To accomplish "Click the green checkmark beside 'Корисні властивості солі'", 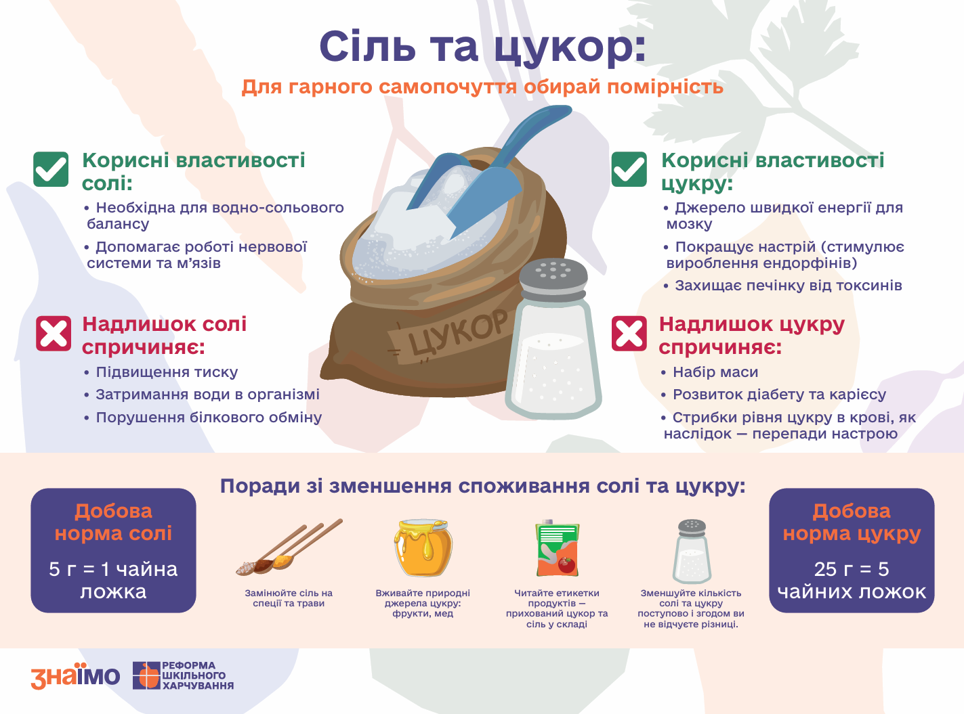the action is click(51, 169).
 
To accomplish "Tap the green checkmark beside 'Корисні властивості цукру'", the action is click(629, 169).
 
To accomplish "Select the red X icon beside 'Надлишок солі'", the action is click(54, 333).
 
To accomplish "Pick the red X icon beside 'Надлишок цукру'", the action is click(629, 333).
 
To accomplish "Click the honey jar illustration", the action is click(423, 548).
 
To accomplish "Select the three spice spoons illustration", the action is click(289, 547).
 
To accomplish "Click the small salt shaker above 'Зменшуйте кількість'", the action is click(692, 552).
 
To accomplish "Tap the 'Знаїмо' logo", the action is click(75, 676).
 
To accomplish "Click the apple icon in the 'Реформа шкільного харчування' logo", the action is click(146, 676).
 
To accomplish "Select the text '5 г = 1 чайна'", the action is click(113, 569).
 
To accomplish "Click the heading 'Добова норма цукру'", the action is click(852, 522).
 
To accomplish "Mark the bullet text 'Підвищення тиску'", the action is click(167, 372).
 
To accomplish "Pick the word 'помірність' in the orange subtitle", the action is click(665, 87).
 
